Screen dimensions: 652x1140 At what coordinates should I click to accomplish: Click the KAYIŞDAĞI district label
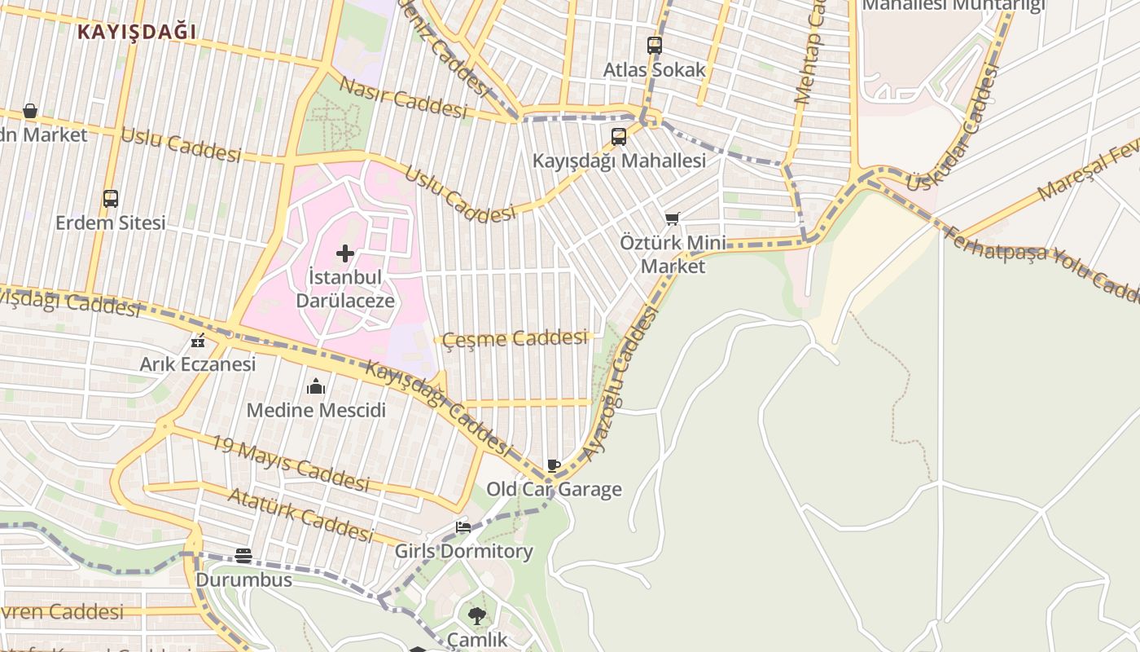[x=137, y=32]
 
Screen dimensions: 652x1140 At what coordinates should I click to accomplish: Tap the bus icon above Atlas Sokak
[x=655, y=46]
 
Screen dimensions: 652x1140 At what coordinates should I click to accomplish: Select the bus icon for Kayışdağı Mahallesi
[x=619, y=136]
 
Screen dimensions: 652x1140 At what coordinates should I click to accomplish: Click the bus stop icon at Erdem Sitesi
[x=111, y=199]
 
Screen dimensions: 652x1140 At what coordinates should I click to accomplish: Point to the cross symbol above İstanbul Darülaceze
[x=345, y=253]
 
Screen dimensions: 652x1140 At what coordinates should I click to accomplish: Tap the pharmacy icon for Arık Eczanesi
[x=197, y=341]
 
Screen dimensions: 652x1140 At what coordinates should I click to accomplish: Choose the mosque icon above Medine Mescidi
[x=316, y=386]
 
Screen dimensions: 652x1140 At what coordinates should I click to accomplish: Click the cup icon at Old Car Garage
[x=554, y=466]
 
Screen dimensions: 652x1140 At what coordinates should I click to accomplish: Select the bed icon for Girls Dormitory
[x=463, y=527]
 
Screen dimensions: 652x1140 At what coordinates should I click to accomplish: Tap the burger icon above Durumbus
[x=243, y=555]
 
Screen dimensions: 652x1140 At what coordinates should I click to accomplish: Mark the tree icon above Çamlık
[x=477, y=616]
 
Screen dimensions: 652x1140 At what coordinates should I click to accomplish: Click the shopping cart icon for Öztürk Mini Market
[x=673, y=218]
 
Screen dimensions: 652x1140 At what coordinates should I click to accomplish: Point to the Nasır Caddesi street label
[x=403, y=98]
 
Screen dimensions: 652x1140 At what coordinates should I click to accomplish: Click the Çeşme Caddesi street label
[x=515, y=338]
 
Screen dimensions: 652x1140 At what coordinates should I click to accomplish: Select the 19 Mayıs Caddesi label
[x=290, y=464]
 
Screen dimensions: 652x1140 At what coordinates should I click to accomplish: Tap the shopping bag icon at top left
[x=30, y=111]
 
